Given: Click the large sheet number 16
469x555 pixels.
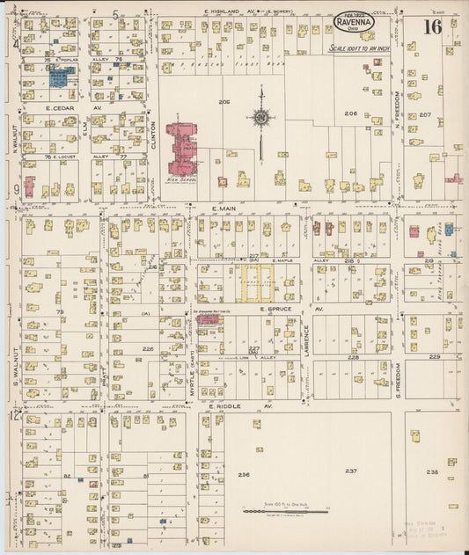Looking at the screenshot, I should coord(431,26).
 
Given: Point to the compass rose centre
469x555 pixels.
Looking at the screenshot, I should coord(261,116).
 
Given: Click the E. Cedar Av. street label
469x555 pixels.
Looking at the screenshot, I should coord(61,107).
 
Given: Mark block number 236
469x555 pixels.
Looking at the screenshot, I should coord(244,474).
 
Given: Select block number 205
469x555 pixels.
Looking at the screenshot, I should coord(224,103).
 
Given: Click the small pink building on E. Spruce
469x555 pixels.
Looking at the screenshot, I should coord(209,320).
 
